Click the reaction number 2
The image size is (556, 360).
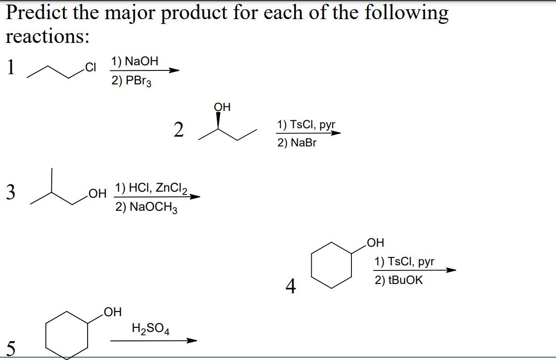point(178,130)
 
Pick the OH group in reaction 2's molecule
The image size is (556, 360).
point(222,107)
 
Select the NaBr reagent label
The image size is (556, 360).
point(296,143)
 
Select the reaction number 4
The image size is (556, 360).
point(290,286)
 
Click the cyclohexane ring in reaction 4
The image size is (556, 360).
point(331,264)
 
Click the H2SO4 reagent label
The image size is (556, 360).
point(151,329)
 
